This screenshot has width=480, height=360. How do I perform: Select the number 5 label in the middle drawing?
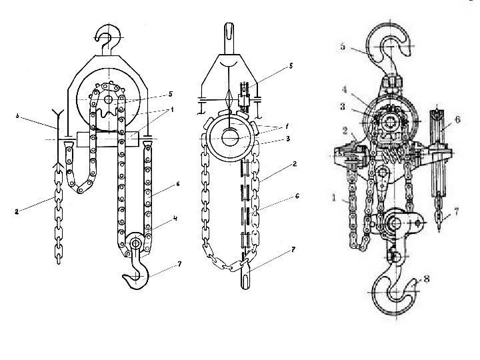(x=291, y=67)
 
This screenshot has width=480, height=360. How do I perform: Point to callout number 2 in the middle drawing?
(x=293, y=163)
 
